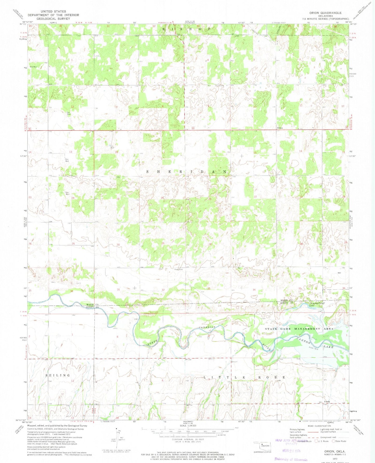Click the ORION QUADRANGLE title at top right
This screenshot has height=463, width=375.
pyautogui.click(x=325, y=13)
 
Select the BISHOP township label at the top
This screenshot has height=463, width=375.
pyautogui.click(x=186, y=29)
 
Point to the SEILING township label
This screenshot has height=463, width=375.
pyautogui.click(x=58, y=375)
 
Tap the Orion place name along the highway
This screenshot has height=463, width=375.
pyautogui.click(x=280, y=128)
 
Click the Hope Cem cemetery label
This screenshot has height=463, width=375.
pyautogui.click(x=178, y=269)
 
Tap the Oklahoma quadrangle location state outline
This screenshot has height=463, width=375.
pyautogui.click(x=262, y=445)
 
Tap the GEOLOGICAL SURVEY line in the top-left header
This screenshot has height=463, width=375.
pyautogui.click(x=53, y=19)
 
